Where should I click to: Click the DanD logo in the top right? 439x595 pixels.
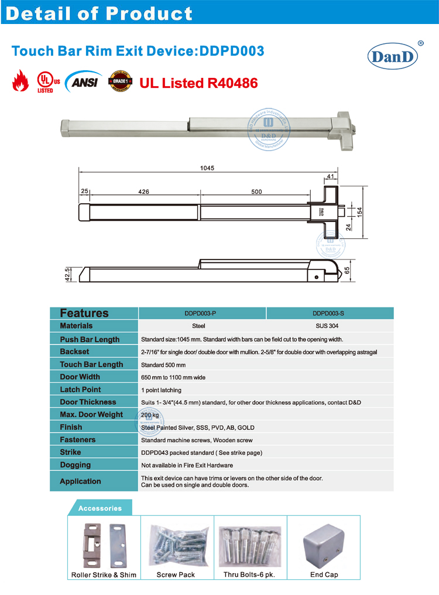tap(392, 57)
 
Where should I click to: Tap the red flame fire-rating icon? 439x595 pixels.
tap(20, 81)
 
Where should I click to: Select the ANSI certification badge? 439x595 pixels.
tap(84, 81)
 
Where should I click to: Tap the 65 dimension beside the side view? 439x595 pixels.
tap(362, 271)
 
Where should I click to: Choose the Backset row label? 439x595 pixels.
tap(74, 351)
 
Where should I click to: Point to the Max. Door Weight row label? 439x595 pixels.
tap(91, 415)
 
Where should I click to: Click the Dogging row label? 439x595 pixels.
tap(75, 465)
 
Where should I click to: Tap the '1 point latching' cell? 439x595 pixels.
tap(161, 390)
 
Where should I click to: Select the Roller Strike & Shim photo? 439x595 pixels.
tap(104, 542)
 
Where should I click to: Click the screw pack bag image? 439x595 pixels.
tap(176, 544)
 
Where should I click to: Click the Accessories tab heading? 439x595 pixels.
tap(100, 508)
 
